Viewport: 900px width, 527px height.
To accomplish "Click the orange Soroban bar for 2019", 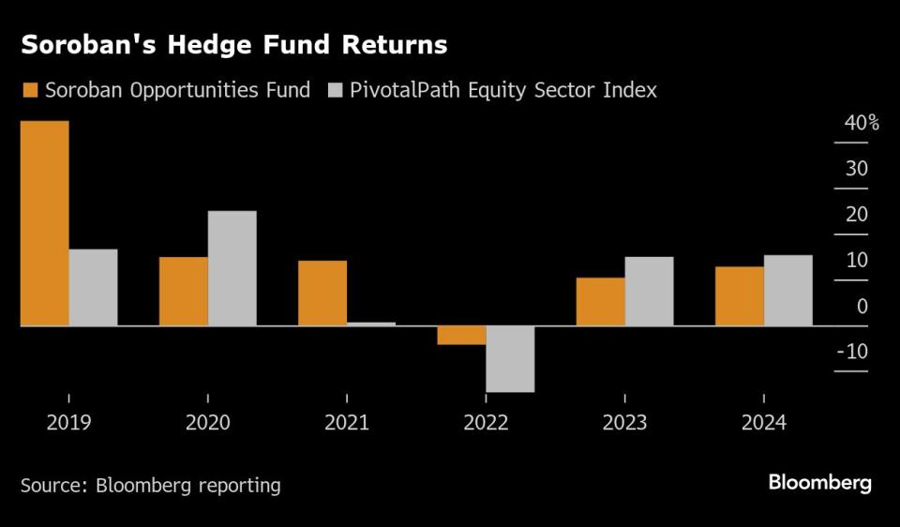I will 44,223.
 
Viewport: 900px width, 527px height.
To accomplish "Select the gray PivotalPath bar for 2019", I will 93,287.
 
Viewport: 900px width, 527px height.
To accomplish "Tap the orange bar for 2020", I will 183,291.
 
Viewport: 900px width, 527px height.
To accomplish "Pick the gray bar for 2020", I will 232,268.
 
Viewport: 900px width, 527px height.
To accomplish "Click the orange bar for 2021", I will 322,293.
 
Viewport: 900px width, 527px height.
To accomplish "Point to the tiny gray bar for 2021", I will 370,324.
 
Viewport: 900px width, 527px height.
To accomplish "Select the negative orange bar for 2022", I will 461,335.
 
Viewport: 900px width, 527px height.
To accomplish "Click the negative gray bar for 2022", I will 510,358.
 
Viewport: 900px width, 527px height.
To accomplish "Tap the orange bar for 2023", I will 600,301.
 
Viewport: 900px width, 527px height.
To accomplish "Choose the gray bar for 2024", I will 787,290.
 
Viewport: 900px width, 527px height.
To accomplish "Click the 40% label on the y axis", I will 861,123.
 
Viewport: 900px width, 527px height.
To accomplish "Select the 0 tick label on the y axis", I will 862,307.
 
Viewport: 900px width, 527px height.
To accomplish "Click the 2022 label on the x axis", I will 486,423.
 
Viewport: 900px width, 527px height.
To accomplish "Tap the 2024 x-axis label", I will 763,423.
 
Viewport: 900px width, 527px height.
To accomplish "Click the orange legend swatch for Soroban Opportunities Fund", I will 29,91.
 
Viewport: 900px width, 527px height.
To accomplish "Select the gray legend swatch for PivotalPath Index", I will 335,91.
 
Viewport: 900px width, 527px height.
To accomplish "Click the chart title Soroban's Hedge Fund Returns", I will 233,44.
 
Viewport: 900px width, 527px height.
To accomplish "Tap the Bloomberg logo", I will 819,483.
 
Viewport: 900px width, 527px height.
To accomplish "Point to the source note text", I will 151,485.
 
